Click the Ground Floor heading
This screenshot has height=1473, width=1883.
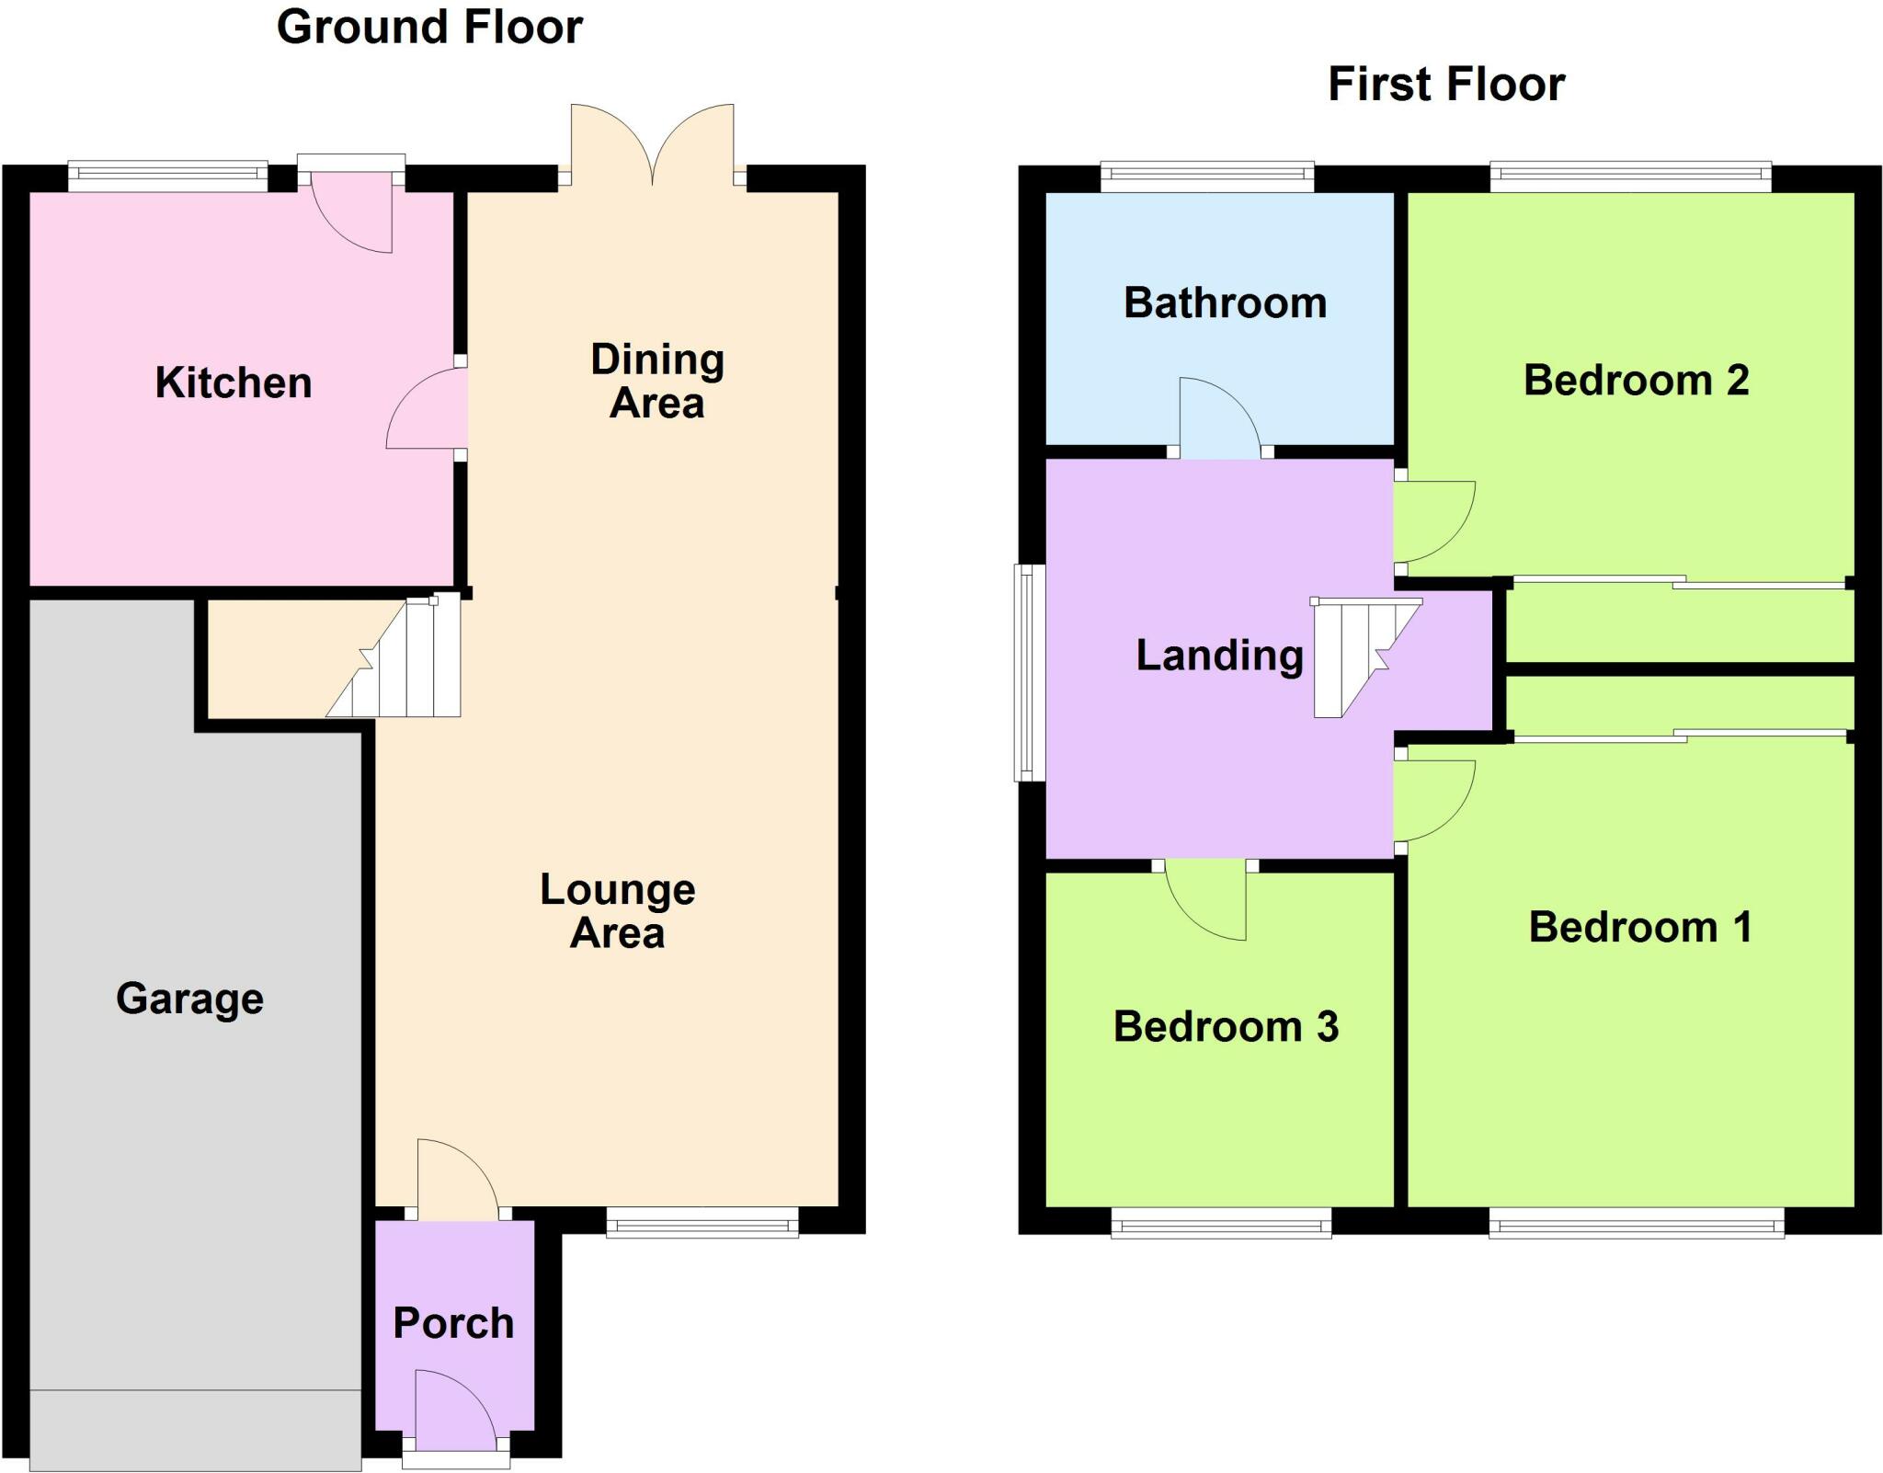tap(429, 28)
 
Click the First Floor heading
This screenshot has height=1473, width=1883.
tap(1445, 85)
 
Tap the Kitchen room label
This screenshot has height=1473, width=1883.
tap(234, 383)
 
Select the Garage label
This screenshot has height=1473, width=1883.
tap(189, 999)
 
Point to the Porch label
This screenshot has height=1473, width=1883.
tap(453, 1324)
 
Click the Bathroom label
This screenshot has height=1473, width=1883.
tap(1225, 303)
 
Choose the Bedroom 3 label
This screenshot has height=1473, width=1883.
tap(1226, 1027)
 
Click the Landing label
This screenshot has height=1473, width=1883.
tap(1219, 656)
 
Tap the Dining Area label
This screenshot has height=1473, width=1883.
tap(656, 382)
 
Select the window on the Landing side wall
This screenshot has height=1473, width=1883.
tap(1030, 672)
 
